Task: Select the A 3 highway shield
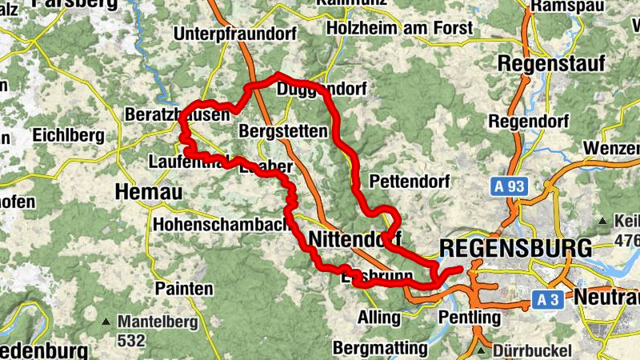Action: click(546, 300)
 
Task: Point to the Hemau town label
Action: click(149, 192)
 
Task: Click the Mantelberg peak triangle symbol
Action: click(106, 322)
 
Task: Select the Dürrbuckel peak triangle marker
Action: click(480, 350)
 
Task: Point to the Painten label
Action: click(185, 288)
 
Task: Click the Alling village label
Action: click(379, 318)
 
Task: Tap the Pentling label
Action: click(469, 318)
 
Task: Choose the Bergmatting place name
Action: click(380, 348)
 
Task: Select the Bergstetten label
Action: click(283, 130)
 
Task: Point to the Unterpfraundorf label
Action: click(235, 34)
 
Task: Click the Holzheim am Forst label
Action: click(400, 30)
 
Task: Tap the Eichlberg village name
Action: click(69, 135)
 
